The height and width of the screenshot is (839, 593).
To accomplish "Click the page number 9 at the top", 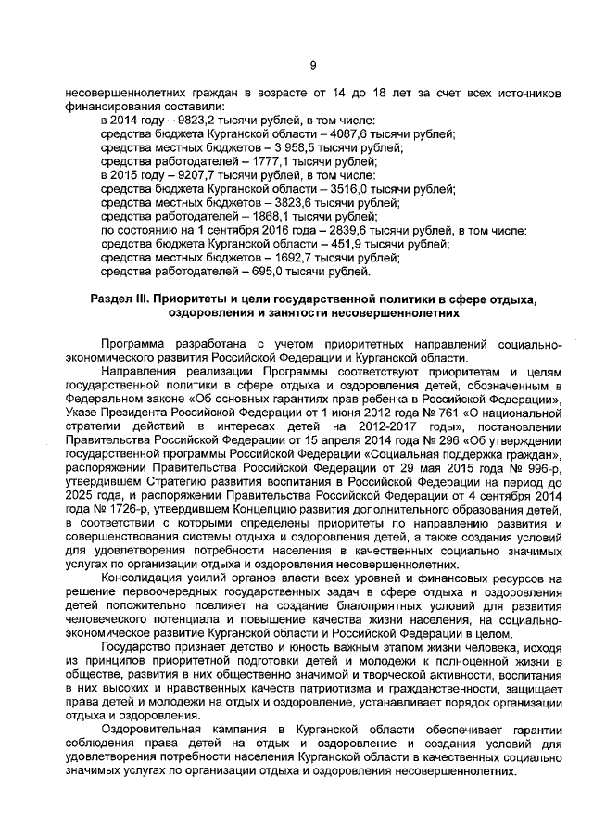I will click(x=312, y=64).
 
